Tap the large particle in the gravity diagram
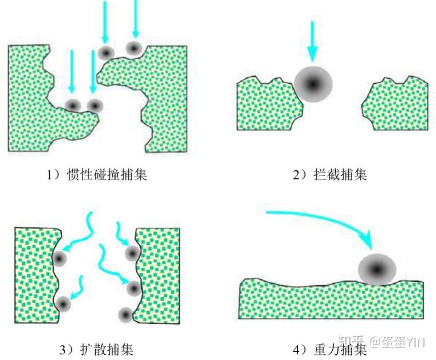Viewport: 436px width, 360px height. [x=377, y=268]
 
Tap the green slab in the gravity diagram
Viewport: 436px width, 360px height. [x=331, y=299]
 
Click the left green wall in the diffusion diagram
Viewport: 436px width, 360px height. [x=34, y=273]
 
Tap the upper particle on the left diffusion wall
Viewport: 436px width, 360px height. [x=59, y=259]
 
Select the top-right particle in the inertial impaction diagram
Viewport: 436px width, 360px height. [x=135, y=48]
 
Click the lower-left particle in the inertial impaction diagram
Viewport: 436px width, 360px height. [x=72, y=105]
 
